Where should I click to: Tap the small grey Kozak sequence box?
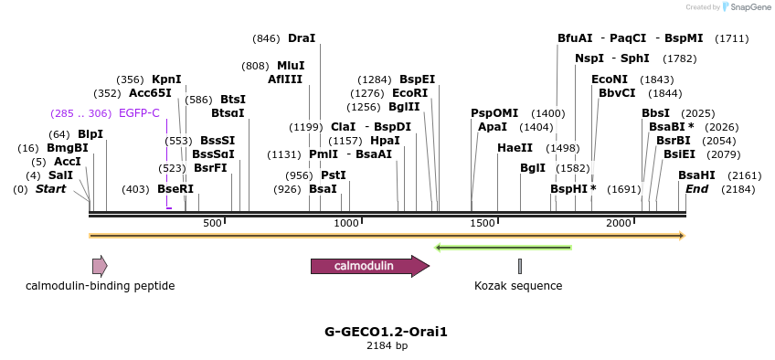[520, 266]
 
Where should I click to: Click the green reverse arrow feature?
[504, 247]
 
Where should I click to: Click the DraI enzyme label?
[302, 38]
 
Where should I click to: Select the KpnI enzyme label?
[166, 79]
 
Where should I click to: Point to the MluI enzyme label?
[290, 66]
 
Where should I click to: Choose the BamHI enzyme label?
[696, 175]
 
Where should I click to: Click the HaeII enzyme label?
[515, 148]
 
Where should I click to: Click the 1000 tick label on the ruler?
[346, 224]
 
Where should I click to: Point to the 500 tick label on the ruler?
[212, 224]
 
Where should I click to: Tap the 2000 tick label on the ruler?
[619, 224]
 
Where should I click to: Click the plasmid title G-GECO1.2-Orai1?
[387, 332]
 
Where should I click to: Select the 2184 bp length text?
[387, 346]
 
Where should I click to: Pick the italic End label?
[696, 189]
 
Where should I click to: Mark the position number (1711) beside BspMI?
[732, 38]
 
